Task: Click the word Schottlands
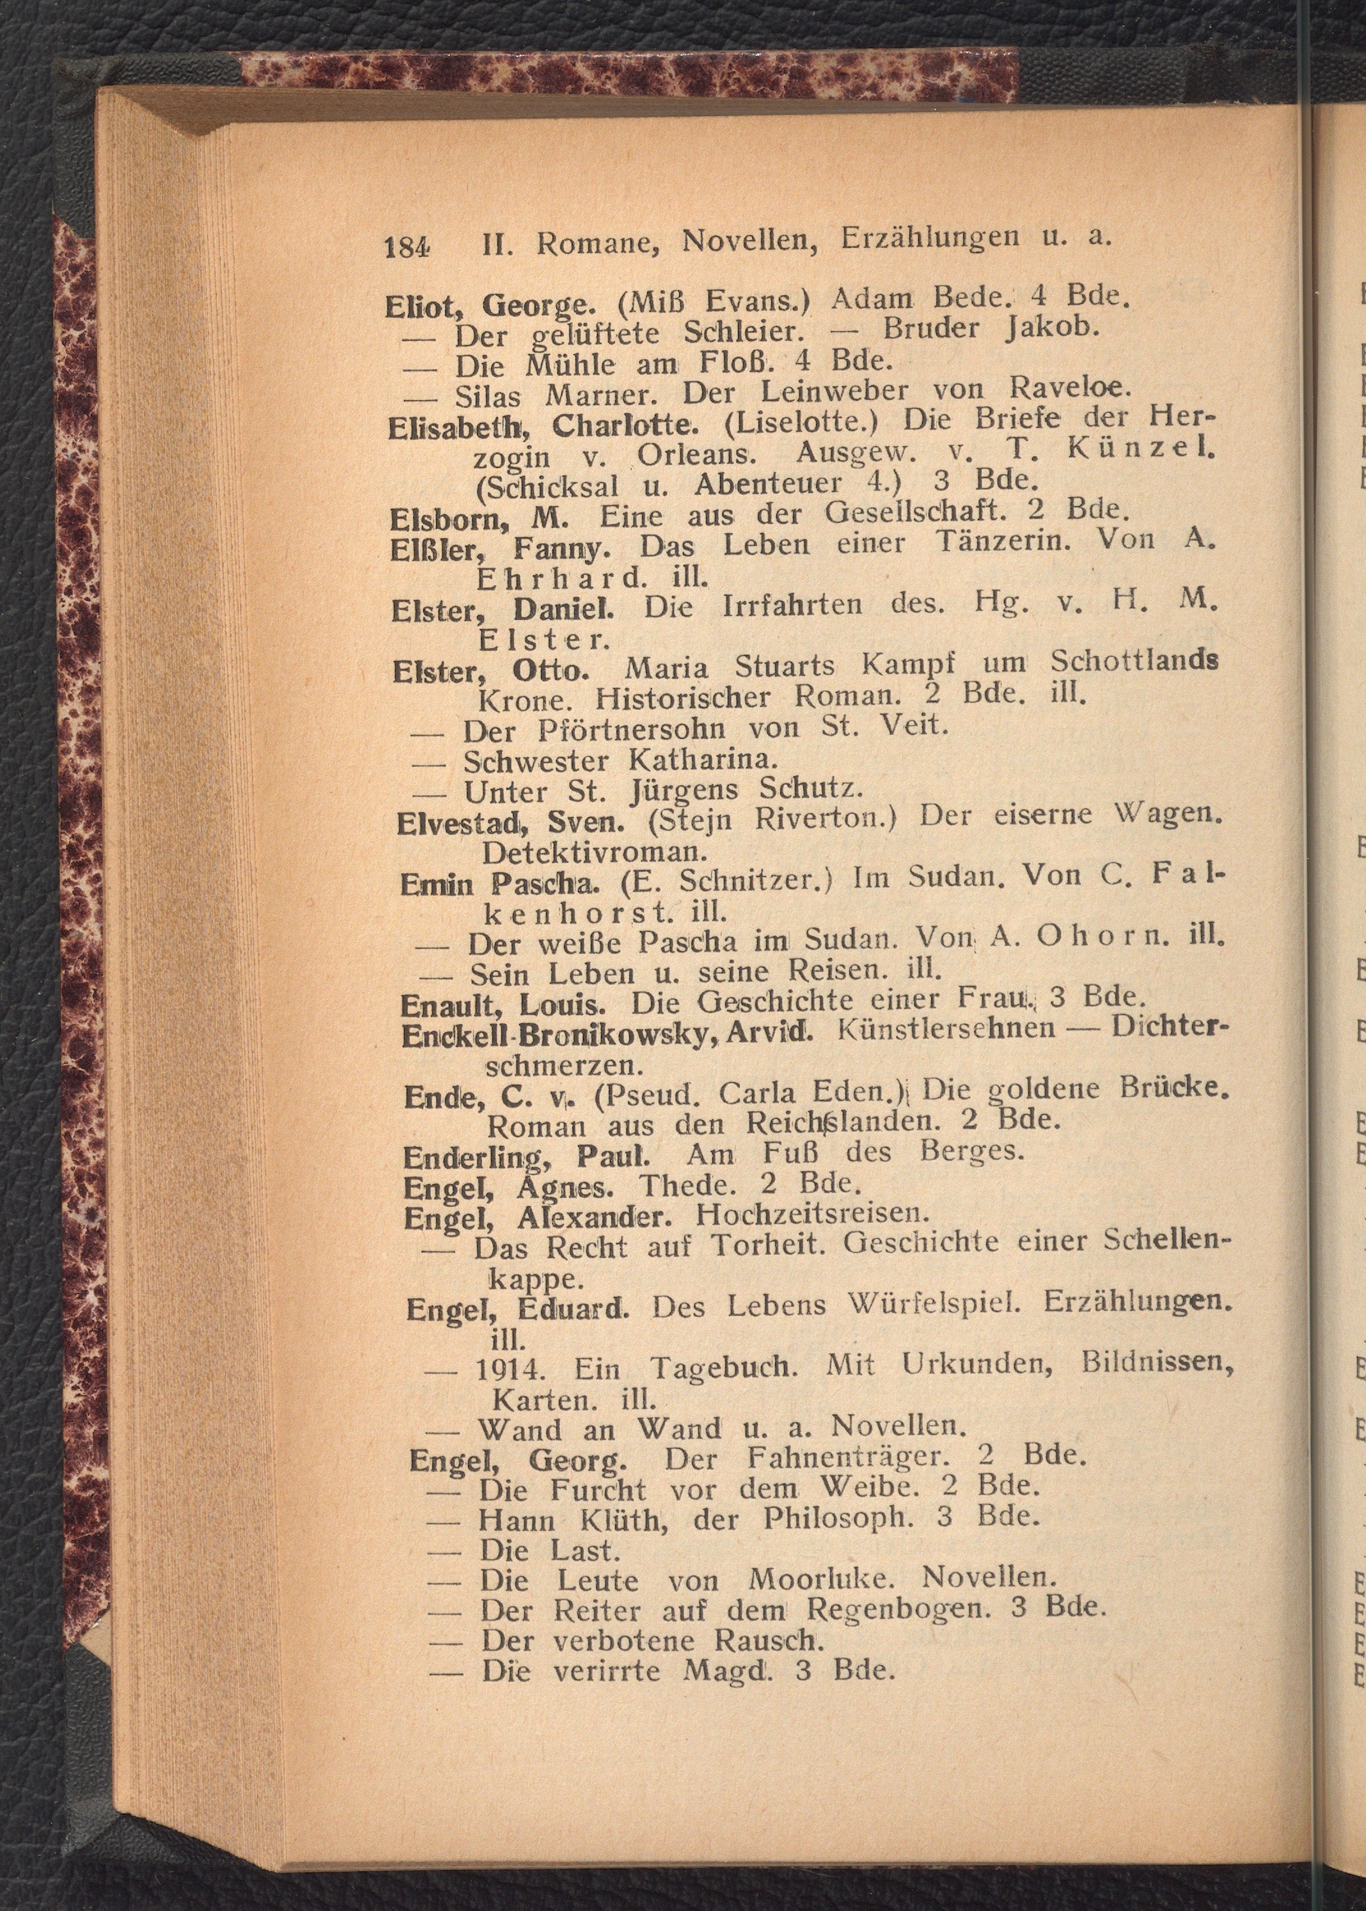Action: pyautogui.click(x=1134, y=662)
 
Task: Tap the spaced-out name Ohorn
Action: pyautogui.click(x=1094, y=937)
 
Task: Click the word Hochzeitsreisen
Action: pyautogui.click(x=813, y=1214)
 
